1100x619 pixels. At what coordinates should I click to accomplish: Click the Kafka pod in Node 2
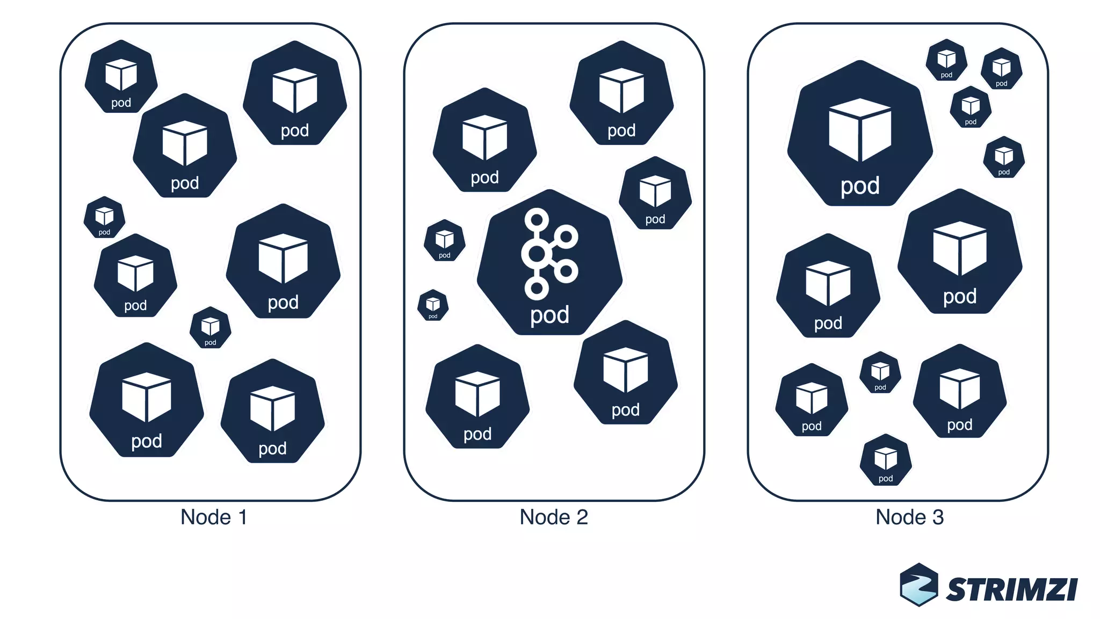click(x=549, y=263)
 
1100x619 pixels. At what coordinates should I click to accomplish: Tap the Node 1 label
click(x=214, y=517)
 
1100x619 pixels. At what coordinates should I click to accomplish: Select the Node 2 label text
click(x=554, y=517)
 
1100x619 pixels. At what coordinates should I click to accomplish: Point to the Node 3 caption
click(x=909, y=517)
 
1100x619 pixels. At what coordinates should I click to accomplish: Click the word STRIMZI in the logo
click(x=1011, y=589)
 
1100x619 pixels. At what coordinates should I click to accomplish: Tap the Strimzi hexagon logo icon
click(x=919, y=585)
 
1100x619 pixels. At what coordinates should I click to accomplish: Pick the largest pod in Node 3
click(x=860, y=134)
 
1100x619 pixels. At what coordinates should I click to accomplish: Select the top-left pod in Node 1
click(x=121, y=77)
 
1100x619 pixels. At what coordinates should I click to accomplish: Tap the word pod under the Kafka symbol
click(x=549, y=315)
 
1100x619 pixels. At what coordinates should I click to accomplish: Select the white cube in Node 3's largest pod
click(x=860, y=129)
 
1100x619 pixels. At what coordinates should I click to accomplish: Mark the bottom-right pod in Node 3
click(x=960, y=392)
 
